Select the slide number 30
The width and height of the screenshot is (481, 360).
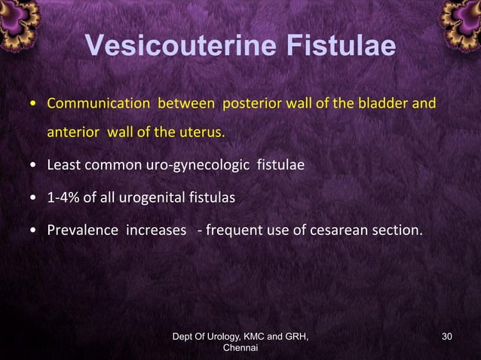[x=447, y=336]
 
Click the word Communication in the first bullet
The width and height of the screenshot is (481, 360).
[x=88, y=102]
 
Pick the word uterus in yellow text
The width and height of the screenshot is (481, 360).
[x=204, y=133]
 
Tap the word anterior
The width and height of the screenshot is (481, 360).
[x=75, y=133]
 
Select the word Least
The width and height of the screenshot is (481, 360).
[x=64, y=163]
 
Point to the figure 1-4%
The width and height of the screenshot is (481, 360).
[x=64, y=197]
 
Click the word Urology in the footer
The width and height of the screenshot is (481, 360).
[x=219, y=336]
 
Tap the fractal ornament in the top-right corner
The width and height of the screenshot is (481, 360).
[x=461, y=21]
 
